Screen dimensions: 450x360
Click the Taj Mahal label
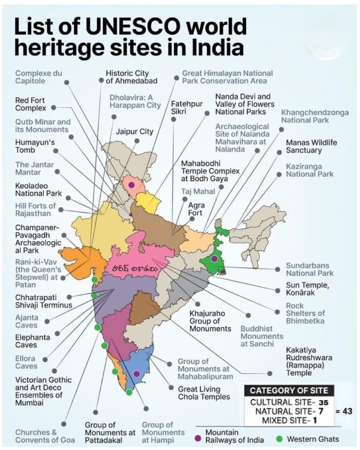[x=198, y=192]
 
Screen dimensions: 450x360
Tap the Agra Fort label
[x=196, y=209]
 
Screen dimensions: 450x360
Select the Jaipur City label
[x=134, y=131]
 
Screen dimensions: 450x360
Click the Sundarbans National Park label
[x=309, y=269]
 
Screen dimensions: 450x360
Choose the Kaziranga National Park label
[x=309, y=170]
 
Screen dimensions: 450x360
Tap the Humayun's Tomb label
[x=35, y=146]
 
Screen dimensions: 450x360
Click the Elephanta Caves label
[x=32, y=341]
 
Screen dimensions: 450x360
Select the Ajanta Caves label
[x=27, y=321]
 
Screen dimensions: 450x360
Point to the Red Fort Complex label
[x=31, y=104]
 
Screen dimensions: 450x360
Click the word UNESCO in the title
[x=133, y=27]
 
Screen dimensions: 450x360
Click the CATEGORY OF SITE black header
[x=288, y=390]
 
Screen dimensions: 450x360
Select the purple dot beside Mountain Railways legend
[x=198, y=439]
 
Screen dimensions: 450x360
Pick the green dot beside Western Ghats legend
[x=280, y=439]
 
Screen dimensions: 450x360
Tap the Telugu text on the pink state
[x=135, y=269]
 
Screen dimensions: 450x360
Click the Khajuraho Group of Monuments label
[x=210, y=321]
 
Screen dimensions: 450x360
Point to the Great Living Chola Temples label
[x=204, y=393]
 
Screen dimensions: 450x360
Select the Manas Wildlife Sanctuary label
[x=311, y=146]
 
